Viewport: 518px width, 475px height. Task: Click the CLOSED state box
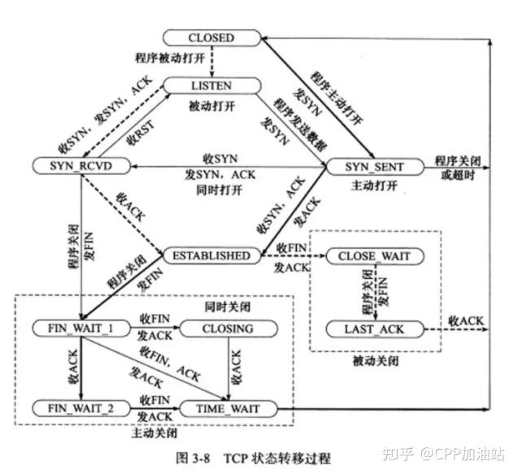(x=211, y=37)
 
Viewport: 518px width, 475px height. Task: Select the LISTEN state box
(x=211, y=85)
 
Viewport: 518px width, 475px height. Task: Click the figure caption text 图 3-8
(x=191, y=457)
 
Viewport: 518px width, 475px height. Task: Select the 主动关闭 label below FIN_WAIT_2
(x=152, y=432)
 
